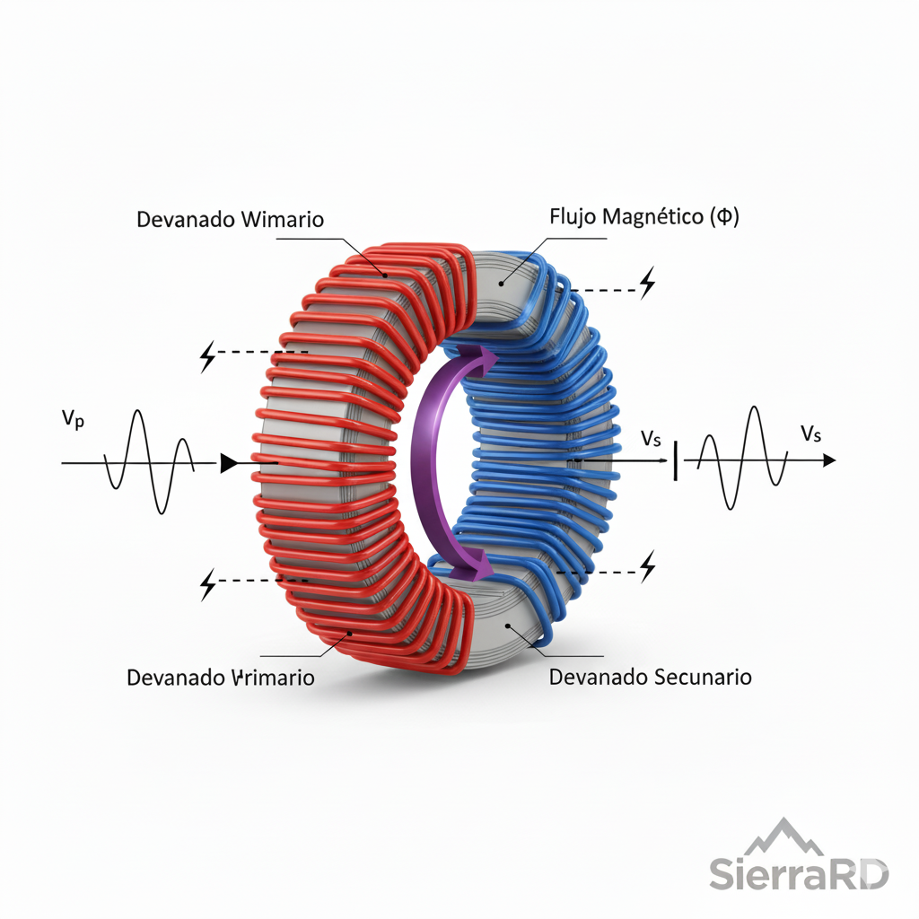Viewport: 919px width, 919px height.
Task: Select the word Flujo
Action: [x=569, y=216]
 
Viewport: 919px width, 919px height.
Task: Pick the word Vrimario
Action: [x=273, y=678]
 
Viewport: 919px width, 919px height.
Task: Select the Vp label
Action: [x=73, y=419]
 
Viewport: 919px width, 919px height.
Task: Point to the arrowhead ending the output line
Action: [x=828, y=459]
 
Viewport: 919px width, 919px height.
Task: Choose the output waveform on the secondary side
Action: [x=742, y=458]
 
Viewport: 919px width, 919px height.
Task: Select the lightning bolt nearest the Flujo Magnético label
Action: [x=647, y=284]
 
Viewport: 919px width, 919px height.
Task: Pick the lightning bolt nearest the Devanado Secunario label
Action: [x=647, y=567]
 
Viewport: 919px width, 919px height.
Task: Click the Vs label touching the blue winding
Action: [x=652, y=439]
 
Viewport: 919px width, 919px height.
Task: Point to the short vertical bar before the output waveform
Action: [x=675, y=459]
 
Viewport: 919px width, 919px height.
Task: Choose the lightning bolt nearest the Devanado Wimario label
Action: [x=207, y=356]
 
